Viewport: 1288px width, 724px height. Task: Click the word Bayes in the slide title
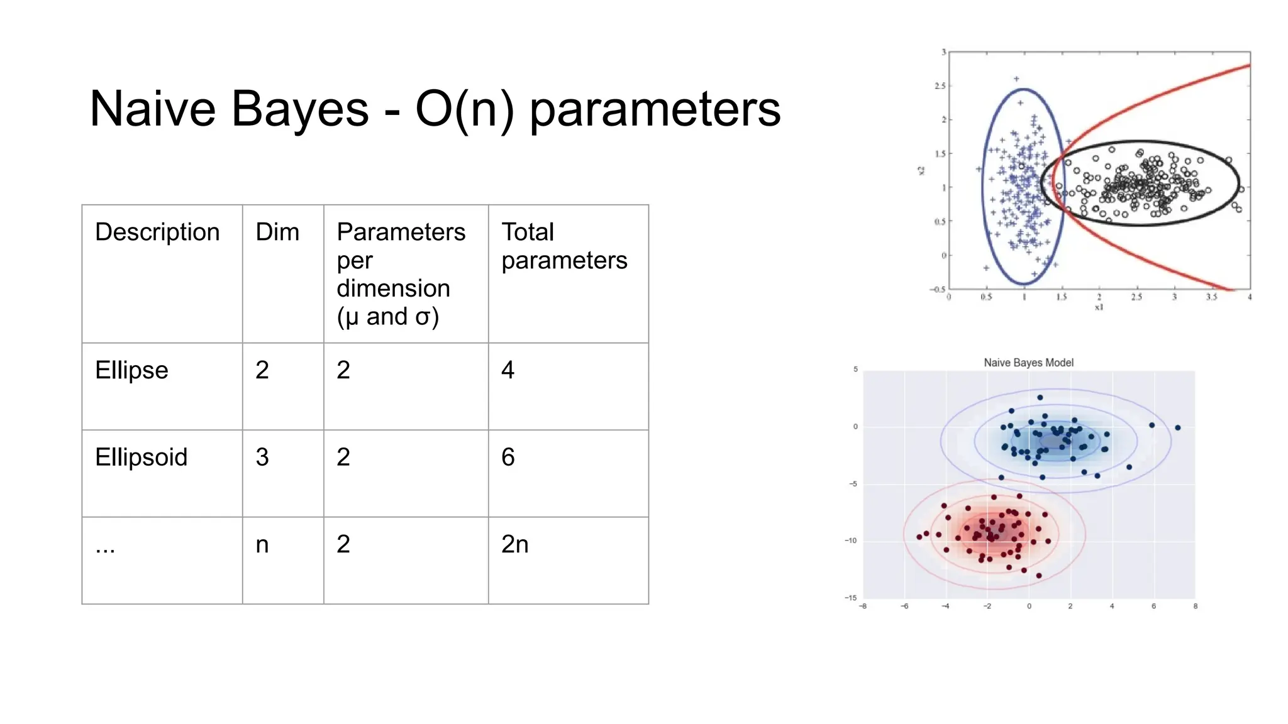299,109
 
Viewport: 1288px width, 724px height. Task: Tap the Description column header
157,232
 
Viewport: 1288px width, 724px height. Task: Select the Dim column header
277,232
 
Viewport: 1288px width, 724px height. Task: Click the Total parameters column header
563,246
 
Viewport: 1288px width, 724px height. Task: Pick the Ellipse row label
131,370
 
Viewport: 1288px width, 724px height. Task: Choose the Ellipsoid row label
141,457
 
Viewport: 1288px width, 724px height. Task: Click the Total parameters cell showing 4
508,370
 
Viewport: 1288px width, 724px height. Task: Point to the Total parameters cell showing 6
508,457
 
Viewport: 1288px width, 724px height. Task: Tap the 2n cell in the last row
514,544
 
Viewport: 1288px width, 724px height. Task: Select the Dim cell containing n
262,544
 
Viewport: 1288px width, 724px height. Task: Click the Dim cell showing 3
262,457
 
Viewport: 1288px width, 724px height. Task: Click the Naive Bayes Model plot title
1028,363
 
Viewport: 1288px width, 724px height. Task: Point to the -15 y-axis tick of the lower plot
850,598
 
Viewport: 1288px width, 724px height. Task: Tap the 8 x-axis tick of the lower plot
1195,606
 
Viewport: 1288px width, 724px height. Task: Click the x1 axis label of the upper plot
1099,307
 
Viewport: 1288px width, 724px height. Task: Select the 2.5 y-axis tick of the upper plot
940,85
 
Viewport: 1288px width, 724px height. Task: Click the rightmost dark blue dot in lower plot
1178,428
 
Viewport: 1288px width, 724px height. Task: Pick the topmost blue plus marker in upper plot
1016,79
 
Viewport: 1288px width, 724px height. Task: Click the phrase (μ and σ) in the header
387,317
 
